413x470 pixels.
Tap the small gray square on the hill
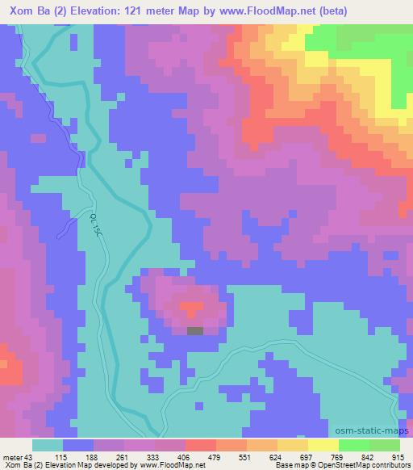coord(195,330)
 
